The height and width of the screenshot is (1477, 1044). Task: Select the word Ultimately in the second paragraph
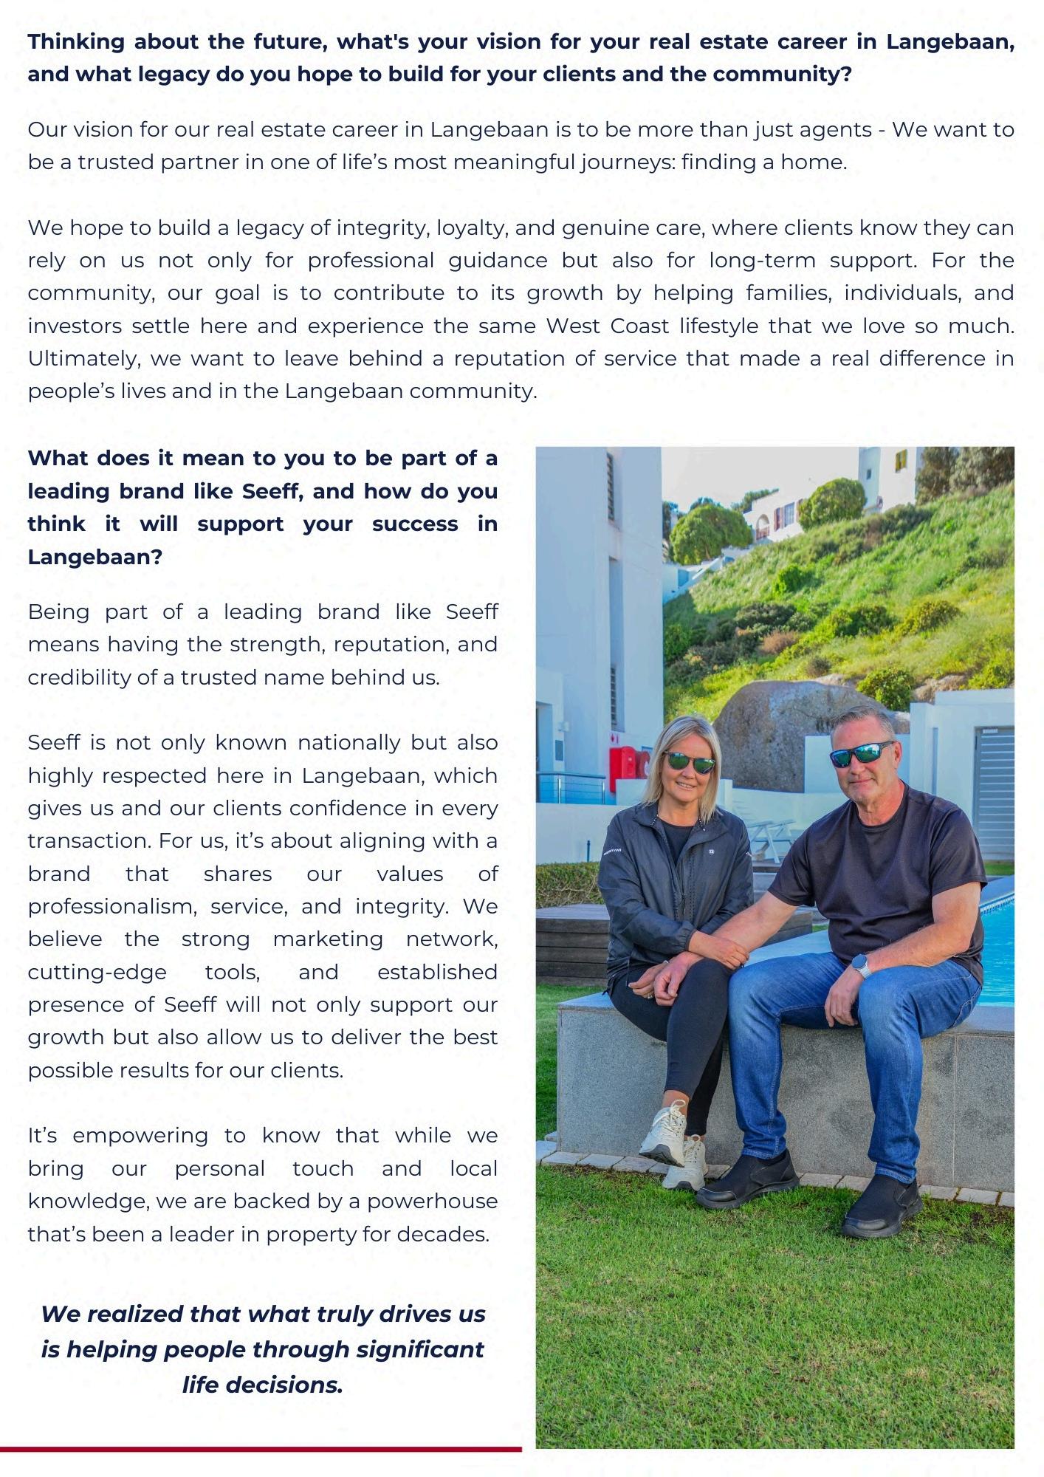coord(84,358)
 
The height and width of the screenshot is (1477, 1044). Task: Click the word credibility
coord(79,677)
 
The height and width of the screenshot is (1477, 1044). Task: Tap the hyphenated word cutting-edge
coord(97,972)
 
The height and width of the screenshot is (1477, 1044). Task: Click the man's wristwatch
coord(860,965)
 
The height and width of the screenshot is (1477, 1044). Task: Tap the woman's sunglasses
coord(689,761)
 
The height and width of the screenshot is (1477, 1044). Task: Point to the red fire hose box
coord(625,769)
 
